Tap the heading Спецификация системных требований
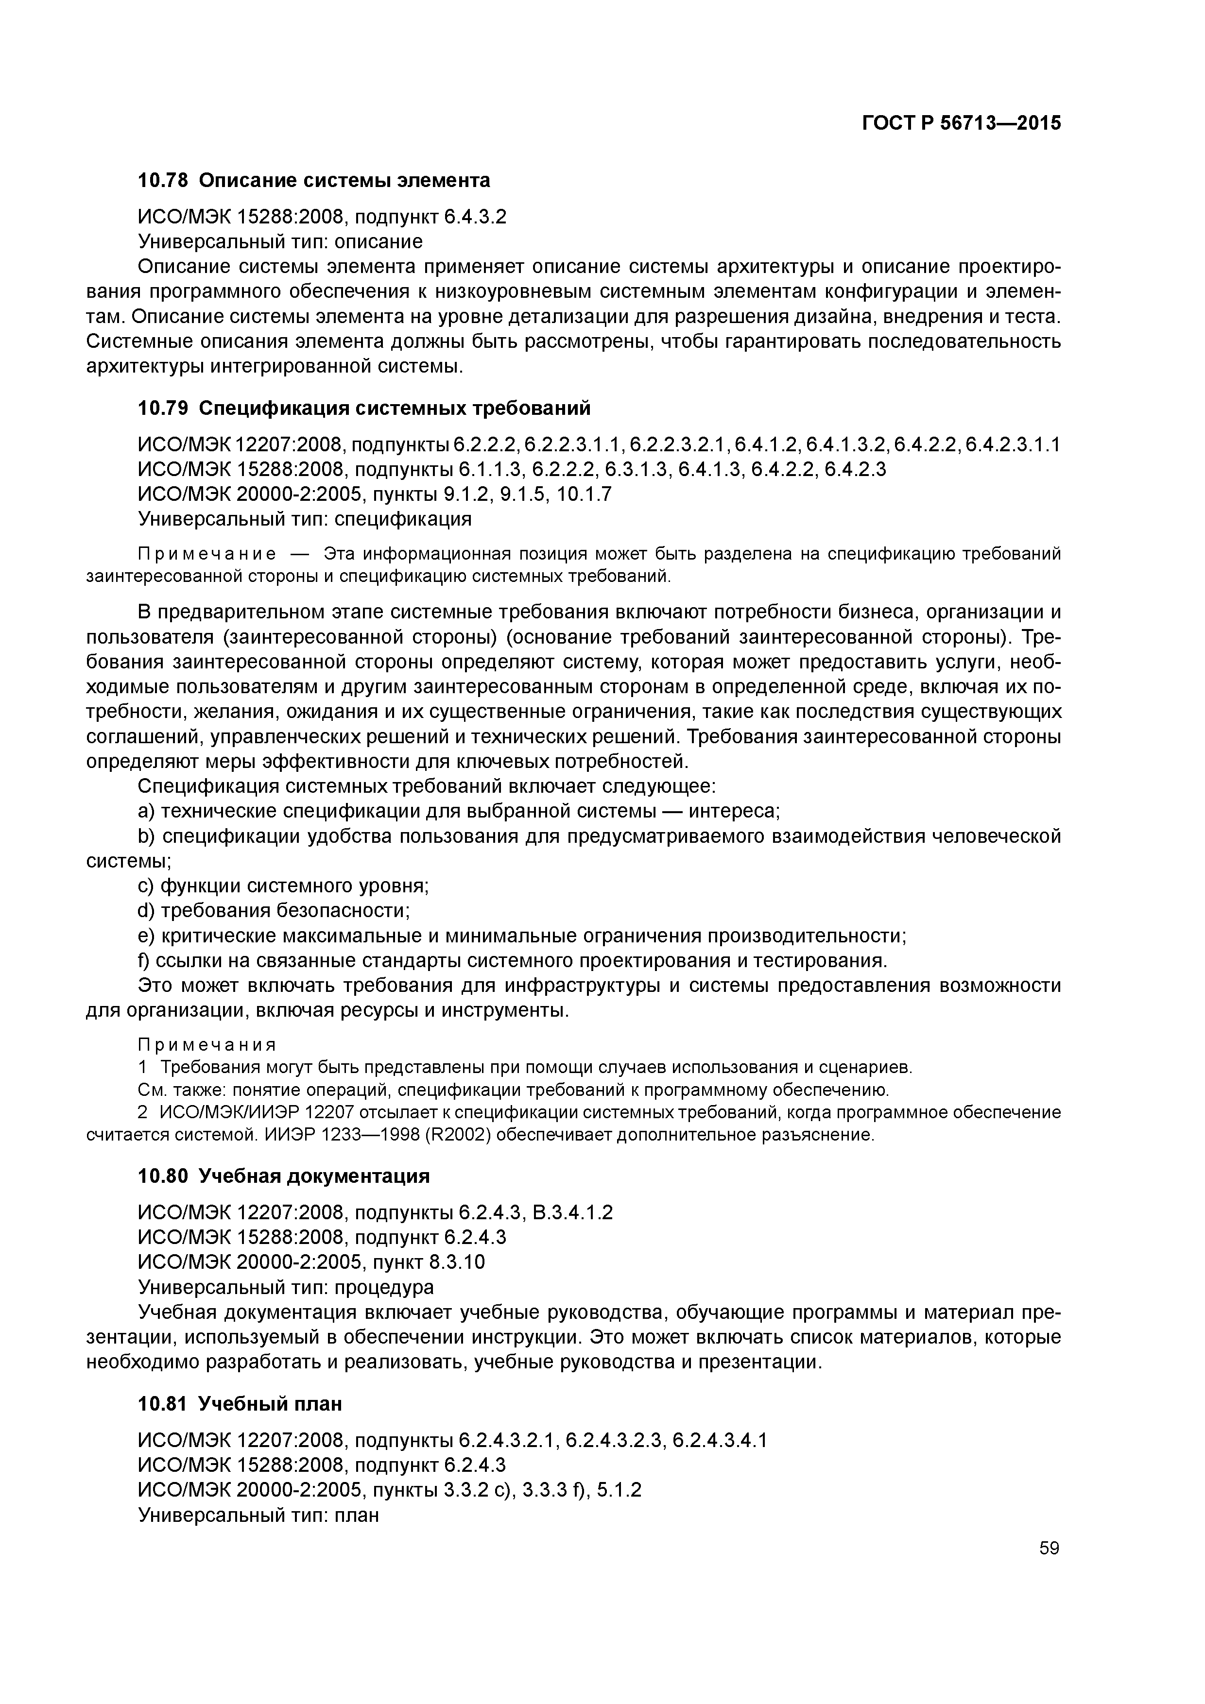click(x=395, y=408)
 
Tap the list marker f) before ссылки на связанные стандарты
click(x=145, y=960)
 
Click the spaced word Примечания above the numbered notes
click(x=207, y=1045)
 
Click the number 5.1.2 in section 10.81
click(x=619, y=1489)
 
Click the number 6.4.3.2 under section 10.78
click(x=475, y=217)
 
